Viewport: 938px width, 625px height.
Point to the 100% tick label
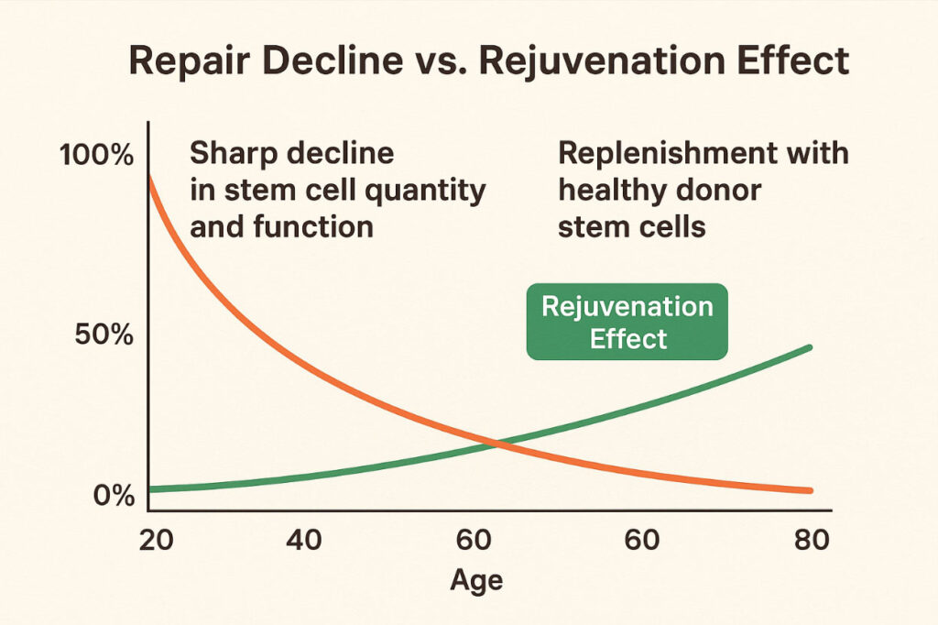click(96, 155)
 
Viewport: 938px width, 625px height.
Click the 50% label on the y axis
click(104, 334)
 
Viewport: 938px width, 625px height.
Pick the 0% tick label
click(114, 496)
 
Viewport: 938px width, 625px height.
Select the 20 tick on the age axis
click(156, 540)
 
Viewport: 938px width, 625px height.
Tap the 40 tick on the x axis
click(303, 540)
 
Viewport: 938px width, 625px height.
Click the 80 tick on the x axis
click(812, 540)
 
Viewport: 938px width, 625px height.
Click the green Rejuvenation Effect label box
click(627, 322)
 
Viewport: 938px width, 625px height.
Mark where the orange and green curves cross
click(496, 444)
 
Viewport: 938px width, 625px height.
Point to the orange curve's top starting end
click(149, 177)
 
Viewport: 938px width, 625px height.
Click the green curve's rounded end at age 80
click(809, 348)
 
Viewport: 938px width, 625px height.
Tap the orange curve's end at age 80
click(809, 490)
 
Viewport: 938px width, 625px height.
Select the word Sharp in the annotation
click(234, 155)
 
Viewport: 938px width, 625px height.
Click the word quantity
click(425, 192)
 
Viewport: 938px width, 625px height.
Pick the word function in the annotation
click(313, 227)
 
